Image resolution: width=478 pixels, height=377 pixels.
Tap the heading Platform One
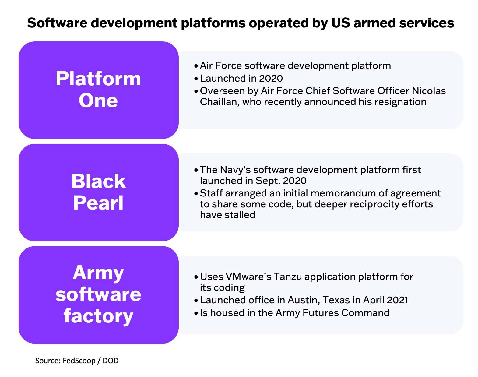point(98,90)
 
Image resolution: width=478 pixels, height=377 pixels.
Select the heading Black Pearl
point(98,192)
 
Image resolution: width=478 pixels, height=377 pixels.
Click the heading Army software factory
point(98,294)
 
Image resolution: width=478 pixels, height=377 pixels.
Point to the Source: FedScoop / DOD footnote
point(77,361)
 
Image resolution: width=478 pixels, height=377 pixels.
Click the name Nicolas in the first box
point(429,91)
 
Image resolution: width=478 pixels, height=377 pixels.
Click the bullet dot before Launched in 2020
point(196,79)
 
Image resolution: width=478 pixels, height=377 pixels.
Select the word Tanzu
point(288,277)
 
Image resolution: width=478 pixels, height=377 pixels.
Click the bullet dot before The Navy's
point(196,170)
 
